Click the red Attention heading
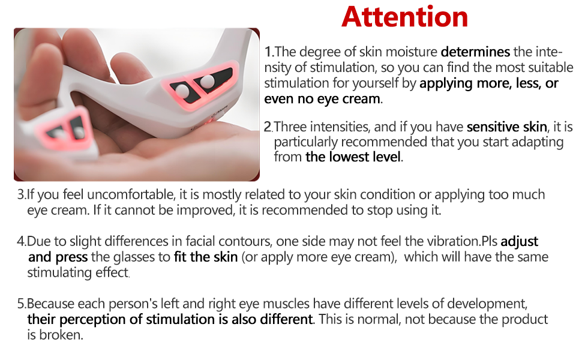[x=404, y=17]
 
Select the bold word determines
[x=475, y=52]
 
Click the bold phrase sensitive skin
[x=507, y=127]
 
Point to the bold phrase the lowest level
[x=353, y=157]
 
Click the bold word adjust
[x=519, y=242]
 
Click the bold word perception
[x=92, y=320]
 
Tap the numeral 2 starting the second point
[x=268, y=127]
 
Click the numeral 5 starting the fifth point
[x=21, y=304]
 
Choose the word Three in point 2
[x=290, y=127]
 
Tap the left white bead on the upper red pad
[x=182, y=90]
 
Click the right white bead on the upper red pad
[x=207, y=81]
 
